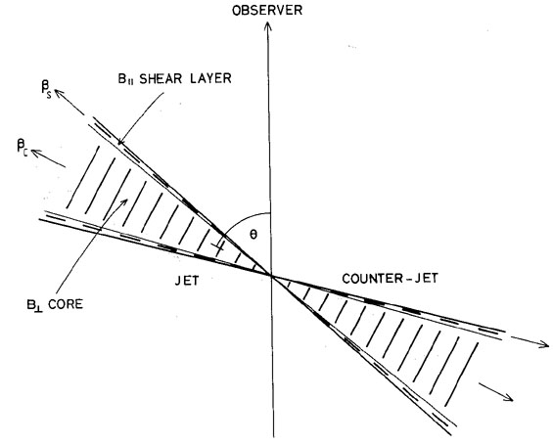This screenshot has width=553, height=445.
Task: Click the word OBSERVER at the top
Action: (267, 10)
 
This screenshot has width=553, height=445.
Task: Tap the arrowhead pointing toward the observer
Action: (267, 26)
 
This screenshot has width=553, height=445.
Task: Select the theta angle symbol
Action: (253, 235)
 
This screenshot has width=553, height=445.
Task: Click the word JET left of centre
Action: (187, 281)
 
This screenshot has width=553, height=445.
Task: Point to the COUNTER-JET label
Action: (390, 279)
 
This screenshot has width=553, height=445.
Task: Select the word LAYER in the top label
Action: (210, 78)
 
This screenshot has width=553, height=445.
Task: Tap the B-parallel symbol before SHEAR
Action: (126, 79)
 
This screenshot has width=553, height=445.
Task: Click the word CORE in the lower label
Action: (66, 304)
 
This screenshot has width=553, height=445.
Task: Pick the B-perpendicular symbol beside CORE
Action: (34, 305)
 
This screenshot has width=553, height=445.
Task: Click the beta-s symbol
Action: (46, 90)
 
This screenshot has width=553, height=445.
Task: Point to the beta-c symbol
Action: (23, 148)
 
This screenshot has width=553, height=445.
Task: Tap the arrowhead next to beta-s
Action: (59, 93)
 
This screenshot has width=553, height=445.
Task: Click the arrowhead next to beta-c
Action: (36, 153)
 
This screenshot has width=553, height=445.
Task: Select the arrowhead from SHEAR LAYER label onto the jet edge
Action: (120, 141)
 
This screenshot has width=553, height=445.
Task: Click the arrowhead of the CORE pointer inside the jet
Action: (124, 201)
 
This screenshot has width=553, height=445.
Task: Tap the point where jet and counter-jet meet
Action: (271, 275)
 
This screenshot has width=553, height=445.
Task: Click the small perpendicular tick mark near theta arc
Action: (218, 246)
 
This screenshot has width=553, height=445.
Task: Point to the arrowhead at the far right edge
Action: (544, 344)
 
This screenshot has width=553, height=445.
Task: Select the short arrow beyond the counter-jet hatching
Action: (495, 392)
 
